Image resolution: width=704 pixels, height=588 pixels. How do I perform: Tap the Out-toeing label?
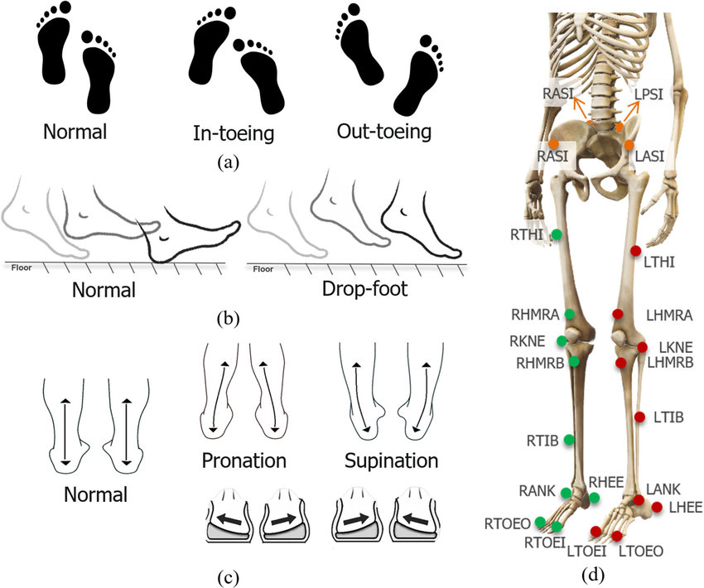click(384, 132)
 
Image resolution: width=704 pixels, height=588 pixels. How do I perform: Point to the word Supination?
click(383, 460)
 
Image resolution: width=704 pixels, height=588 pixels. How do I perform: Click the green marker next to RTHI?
click(557, 234)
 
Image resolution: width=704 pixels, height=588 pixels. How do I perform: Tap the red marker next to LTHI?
click(635, 250)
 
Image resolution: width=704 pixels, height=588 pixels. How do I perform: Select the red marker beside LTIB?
click(639, 417)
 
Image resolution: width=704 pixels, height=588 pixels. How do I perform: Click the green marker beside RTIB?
click(569, 439)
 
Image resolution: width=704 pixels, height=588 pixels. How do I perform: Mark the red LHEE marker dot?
click(657, 507)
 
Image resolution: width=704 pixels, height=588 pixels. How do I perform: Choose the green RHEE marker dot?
click(595, 498)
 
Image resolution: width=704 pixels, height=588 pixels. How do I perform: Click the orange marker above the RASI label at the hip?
click(552, 146)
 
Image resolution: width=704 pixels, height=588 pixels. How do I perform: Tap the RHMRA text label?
click(536, 315)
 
